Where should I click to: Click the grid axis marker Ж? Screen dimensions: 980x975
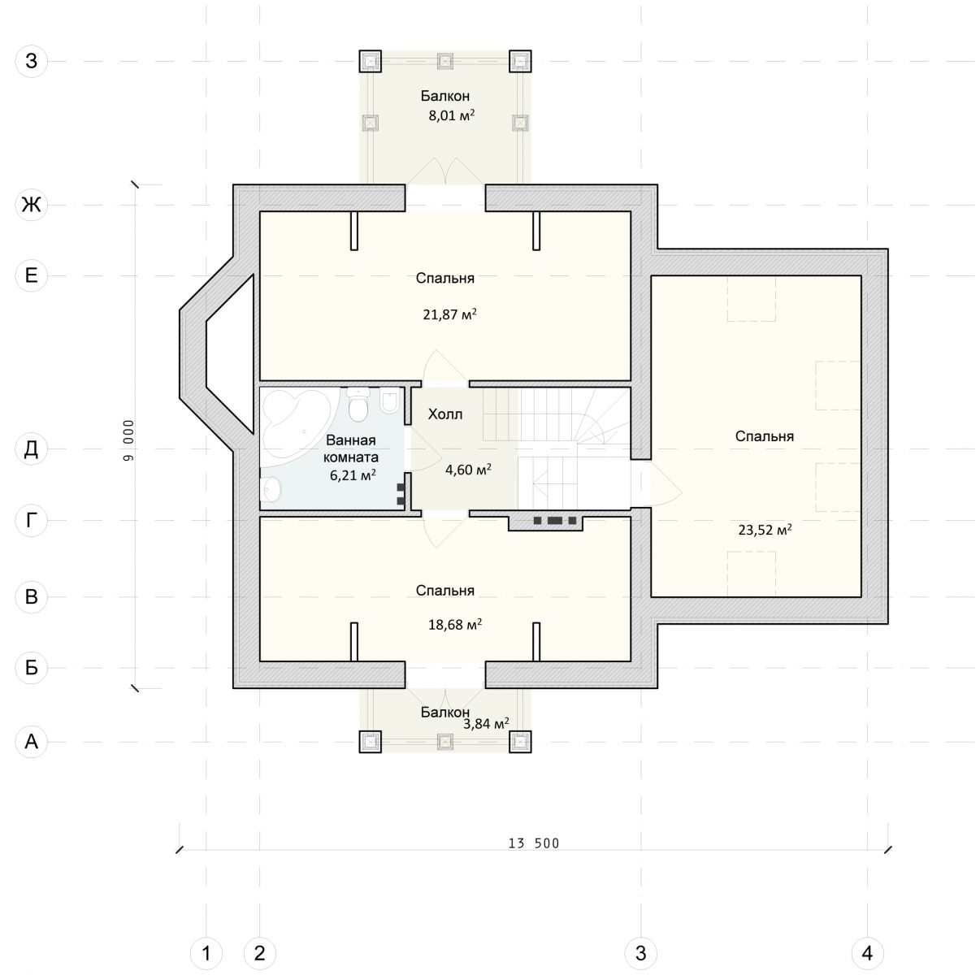click(32, 205)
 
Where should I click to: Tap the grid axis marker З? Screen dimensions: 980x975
click(32, 61)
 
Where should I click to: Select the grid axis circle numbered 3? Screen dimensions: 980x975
click(641, 952)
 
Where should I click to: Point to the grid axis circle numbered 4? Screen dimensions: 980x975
click(867, 952)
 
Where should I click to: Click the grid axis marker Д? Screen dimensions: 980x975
click(32, 449)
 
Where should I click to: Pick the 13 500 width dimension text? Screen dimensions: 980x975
click(534, 843)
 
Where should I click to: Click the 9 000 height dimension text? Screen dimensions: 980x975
click(128, 440)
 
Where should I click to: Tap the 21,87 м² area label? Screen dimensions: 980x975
click(449, 314)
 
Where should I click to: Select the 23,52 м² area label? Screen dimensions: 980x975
click(765, 530)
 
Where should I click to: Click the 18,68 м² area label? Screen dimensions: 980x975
click(455, 625)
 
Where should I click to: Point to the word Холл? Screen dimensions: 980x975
click(445, 414)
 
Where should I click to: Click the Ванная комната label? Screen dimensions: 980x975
click(350, 448)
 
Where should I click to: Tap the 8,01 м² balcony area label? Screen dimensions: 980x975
click(452, 115)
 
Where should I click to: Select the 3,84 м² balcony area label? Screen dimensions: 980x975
click(486, 723)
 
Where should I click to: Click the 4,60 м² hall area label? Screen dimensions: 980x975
click(468, 469)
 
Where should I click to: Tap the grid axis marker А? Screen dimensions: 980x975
click(32, 742)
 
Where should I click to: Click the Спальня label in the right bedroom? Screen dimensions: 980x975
click(765, 435)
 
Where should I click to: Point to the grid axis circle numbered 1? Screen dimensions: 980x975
click(206, 952)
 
